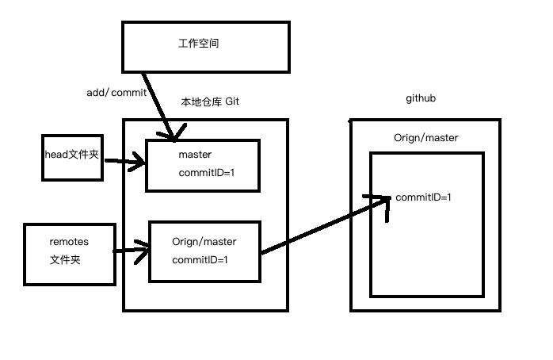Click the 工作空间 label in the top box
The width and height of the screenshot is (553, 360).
(198, 44)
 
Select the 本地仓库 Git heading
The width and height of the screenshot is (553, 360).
(210, 102)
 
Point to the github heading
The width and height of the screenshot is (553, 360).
(421, 98)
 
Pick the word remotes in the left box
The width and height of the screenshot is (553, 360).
(70, 241)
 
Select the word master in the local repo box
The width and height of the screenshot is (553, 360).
(195, 154)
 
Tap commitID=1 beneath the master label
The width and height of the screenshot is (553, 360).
(204, 172)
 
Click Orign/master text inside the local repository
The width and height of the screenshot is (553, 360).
(204, 241)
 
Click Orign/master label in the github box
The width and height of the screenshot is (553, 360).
(425, 138)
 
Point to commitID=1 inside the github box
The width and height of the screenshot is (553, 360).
(423, 197)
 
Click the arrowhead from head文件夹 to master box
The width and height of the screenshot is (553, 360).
(140, 164)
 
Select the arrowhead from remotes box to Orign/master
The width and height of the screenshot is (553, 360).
(144, 253)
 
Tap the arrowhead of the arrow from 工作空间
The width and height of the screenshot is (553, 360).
(171, 139)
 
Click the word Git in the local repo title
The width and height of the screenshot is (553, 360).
(232, 102)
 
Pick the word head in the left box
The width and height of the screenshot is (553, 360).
(55, 155)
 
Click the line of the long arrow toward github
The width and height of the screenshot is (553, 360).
(325, 226)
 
